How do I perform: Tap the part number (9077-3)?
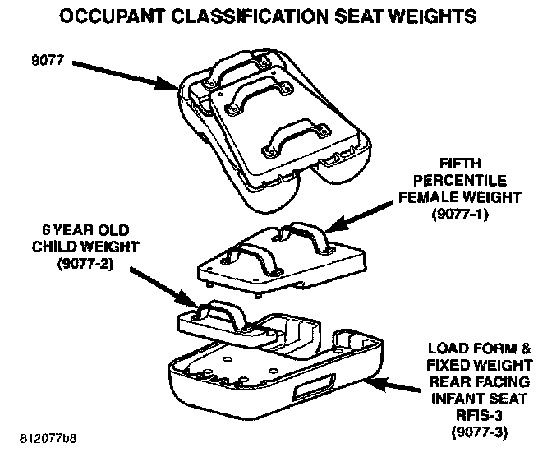click(x=489, y=432)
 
